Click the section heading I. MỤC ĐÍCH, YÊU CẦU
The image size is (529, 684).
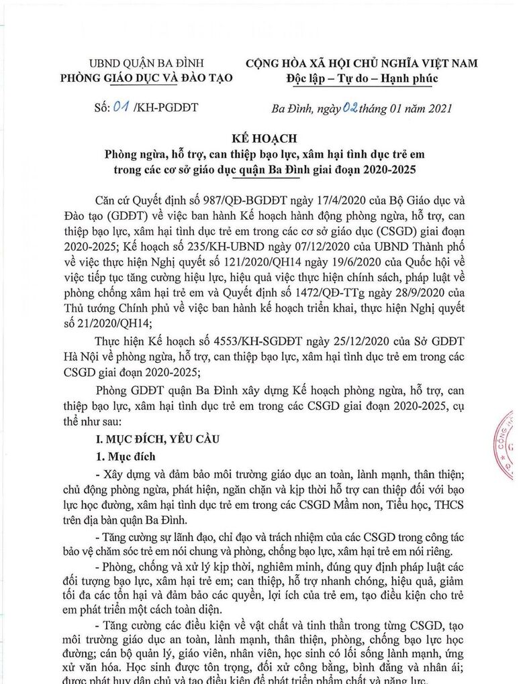[155, 439]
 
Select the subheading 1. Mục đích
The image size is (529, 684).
[127, 457]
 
